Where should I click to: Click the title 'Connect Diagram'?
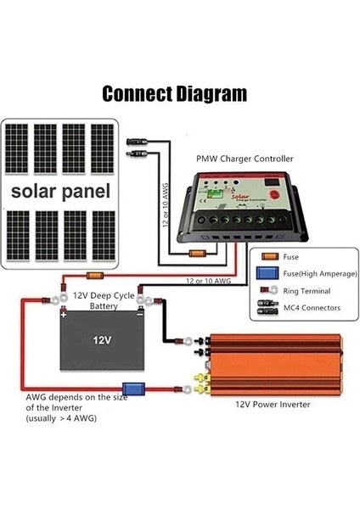pos(175,92)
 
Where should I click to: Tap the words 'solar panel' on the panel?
pos(61,192)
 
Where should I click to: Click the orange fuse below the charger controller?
pos(200,253)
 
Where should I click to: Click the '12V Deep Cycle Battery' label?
pos(104,300)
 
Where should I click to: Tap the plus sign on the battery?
pos(64,312)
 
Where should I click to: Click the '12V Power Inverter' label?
pos(272,405)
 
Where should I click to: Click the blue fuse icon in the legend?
pos(269,273)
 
